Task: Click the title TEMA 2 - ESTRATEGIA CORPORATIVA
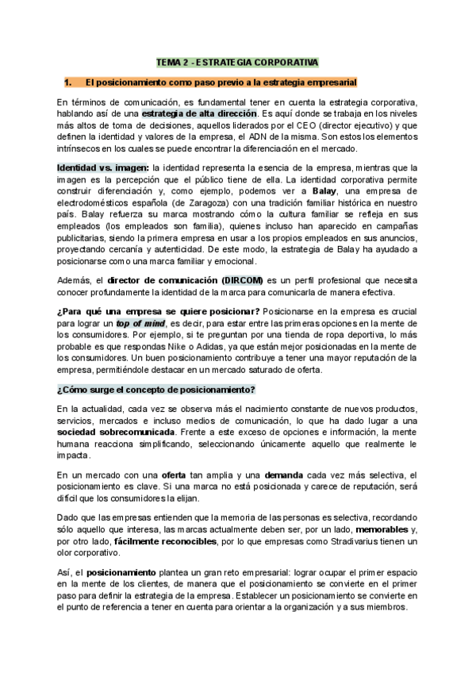tap(237, 61)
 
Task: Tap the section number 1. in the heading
tap(67, 82)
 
